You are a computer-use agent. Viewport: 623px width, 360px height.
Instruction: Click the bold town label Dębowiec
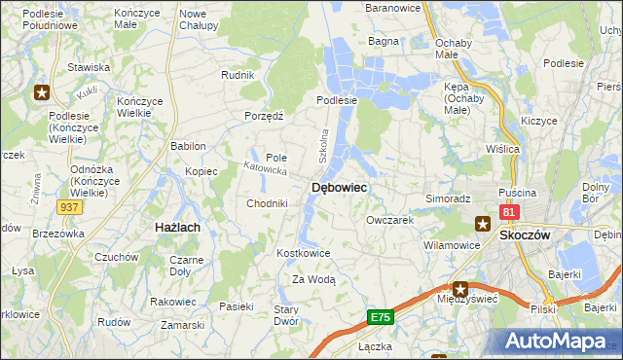(x=339, y=188)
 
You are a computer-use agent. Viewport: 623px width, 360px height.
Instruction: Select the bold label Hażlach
(x=178, y=227)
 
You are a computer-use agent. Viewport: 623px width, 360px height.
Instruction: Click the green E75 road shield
(x=381, y=318)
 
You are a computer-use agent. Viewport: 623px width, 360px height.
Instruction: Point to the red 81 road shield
(x=509, y=211)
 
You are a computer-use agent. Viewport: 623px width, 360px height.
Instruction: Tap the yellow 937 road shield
(x=69, y=208)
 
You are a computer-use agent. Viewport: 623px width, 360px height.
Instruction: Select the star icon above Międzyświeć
(x=460, y=288)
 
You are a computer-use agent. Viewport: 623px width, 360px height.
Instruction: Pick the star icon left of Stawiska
(x=42, y=93)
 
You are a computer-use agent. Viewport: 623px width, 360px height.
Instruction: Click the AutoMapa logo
(x=557, y=341)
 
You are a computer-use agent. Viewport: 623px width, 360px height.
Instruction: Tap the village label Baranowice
(x=390, y=8)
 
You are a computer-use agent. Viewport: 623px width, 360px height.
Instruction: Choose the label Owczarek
(x=390, y=221)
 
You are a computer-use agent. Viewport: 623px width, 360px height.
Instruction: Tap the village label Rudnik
(x=238, y=75)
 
